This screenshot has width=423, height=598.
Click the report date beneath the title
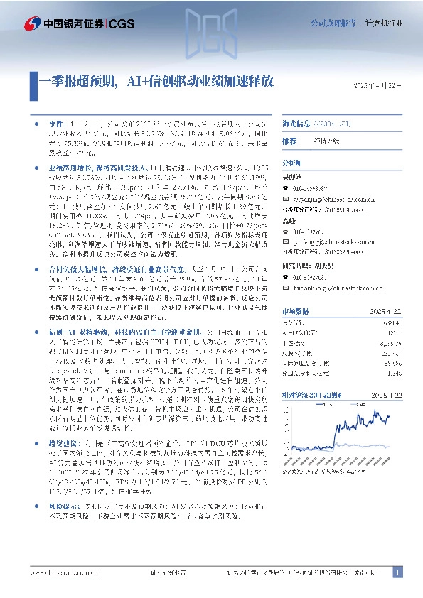point(378,85)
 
